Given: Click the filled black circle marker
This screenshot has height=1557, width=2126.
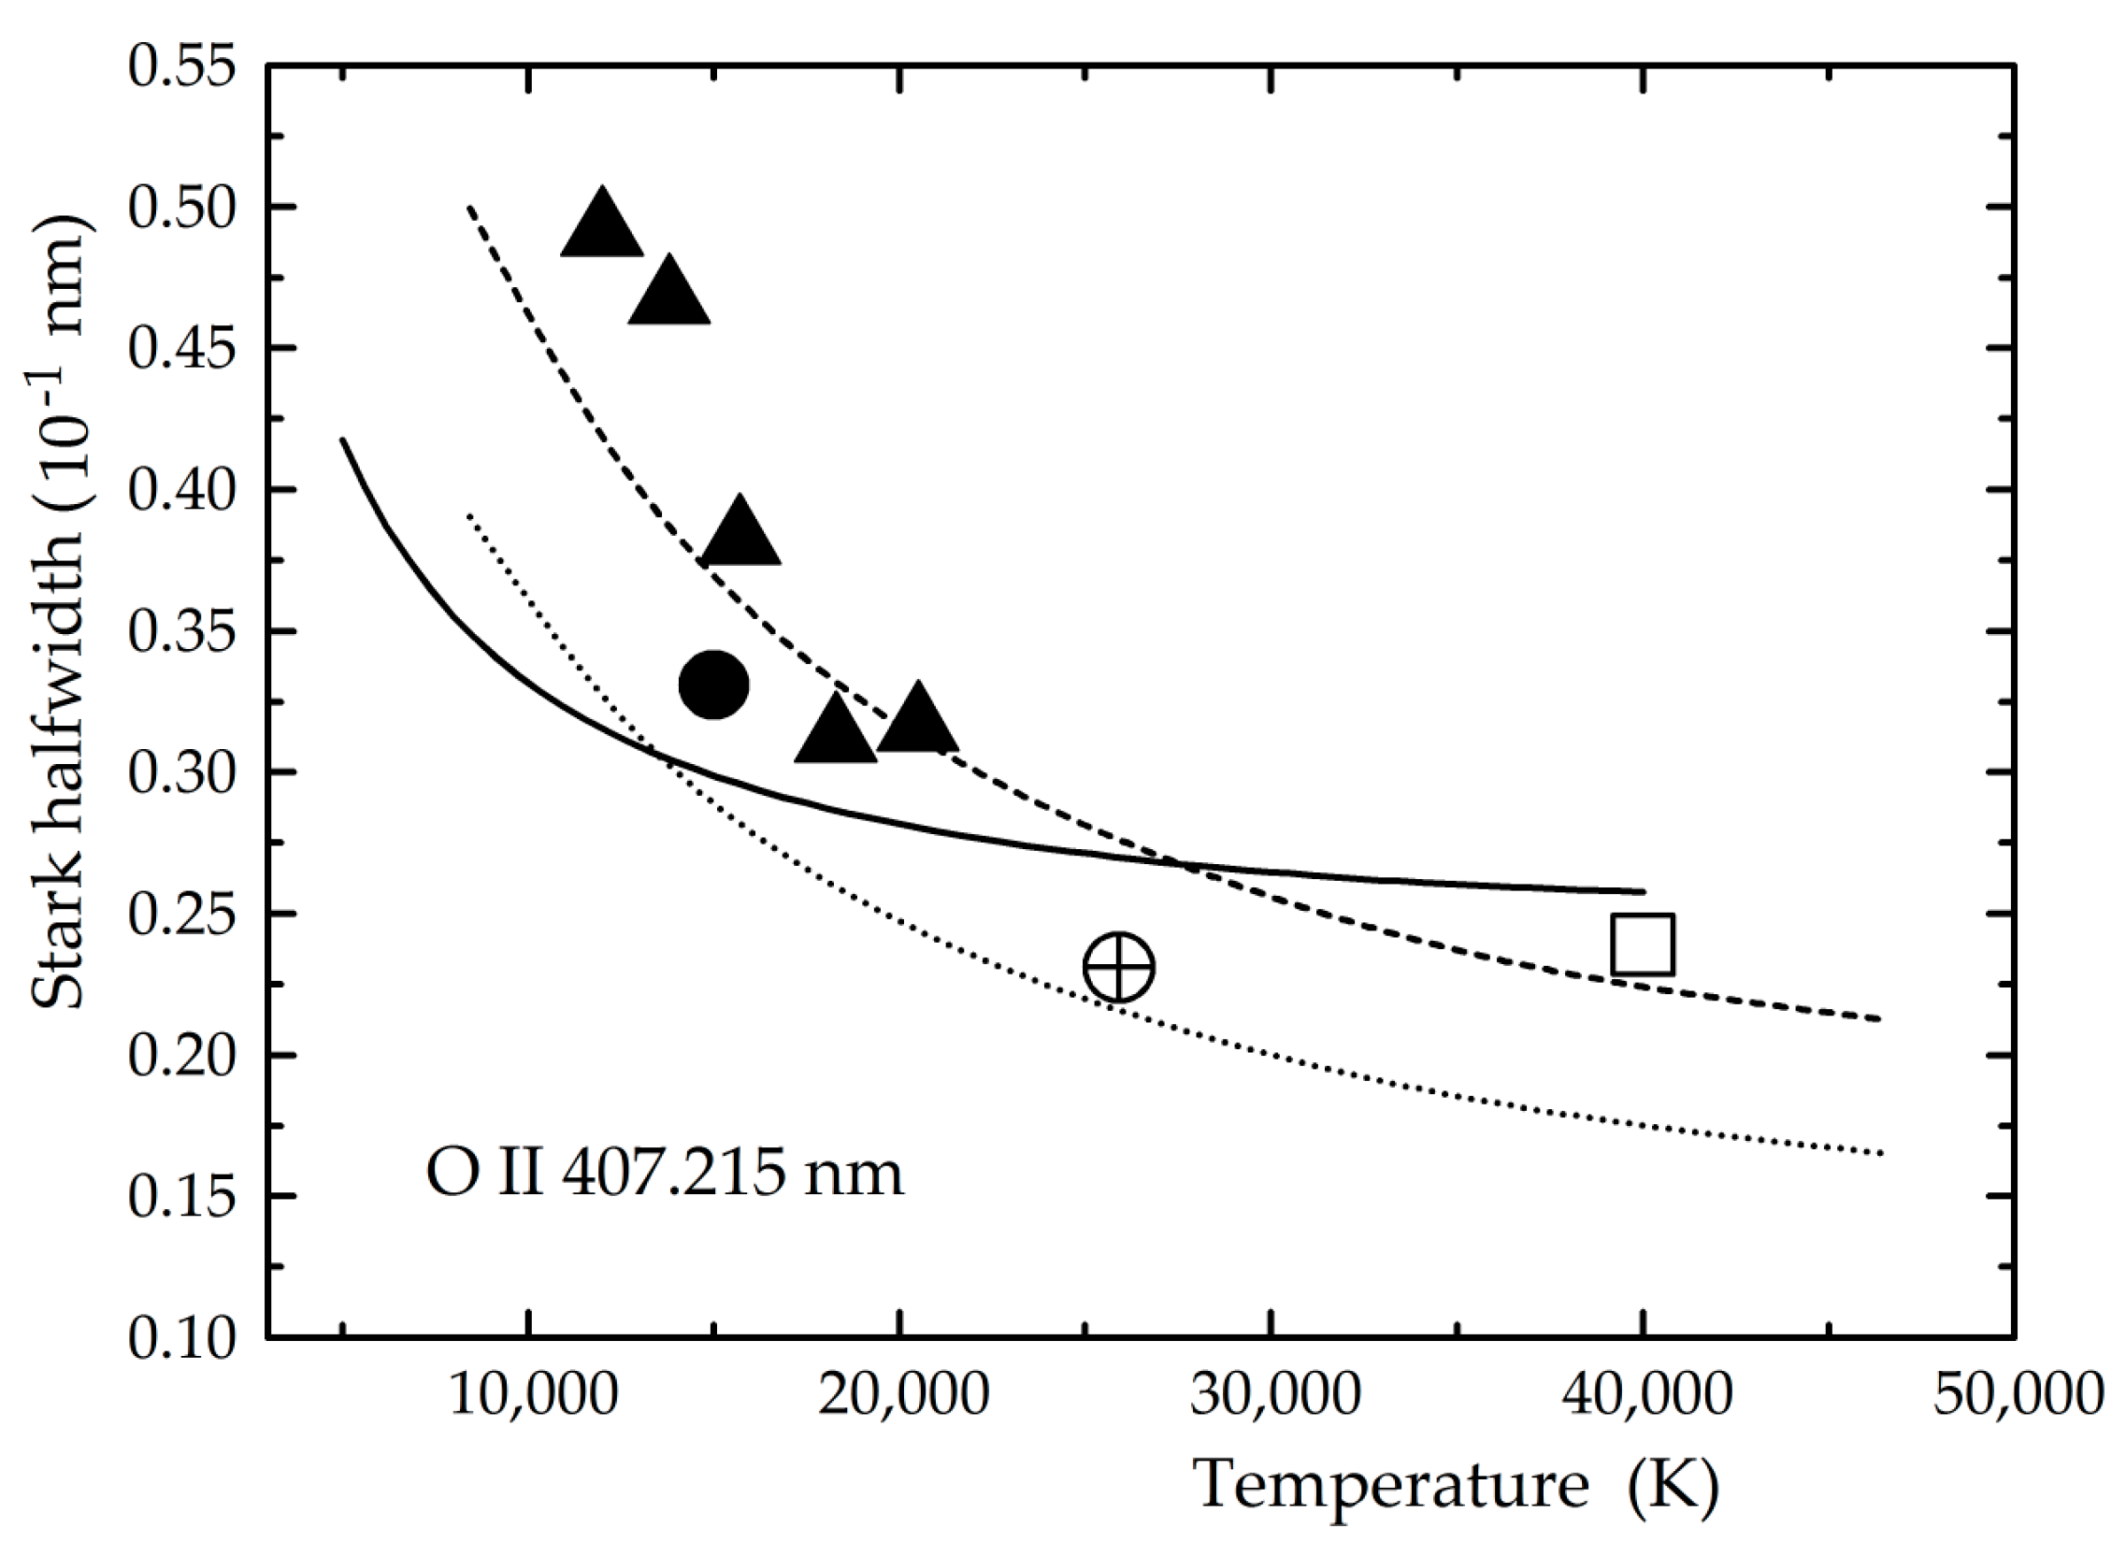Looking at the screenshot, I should [x=713, y=685].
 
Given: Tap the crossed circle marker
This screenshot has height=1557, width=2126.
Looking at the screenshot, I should [x=1118, y=967].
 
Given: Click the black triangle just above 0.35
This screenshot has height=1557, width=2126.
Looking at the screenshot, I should [x=740, y=533].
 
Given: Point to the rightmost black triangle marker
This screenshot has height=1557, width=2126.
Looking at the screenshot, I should [x=917, y=720].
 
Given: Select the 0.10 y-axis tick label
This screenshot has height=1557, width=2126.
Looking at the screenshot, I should [x=181, y=1336].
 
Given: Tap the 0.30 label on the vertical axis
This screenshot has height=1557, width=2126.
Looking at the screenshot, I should [x=181, y=771].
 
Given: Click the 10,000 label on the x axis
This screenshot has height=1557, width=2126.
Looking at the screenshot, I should [x=534, y=1396].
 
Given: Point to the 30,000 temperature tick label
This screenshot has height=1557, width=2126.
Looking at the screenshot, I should [x=1275, y=1396].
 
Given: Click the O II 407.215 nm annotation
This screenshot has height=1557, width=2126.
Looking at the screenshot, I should [x=665, y=1175].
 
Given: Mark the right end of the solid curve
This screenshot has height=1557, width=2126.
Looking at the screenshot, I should [x=1644, y=890].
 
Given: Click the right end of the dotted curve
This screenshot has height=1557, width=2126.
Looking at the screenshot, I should [x=1881, y=1153].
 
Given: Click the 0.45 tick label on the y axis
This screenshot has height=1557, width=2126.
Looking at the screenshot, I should [x=181, y=348].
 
